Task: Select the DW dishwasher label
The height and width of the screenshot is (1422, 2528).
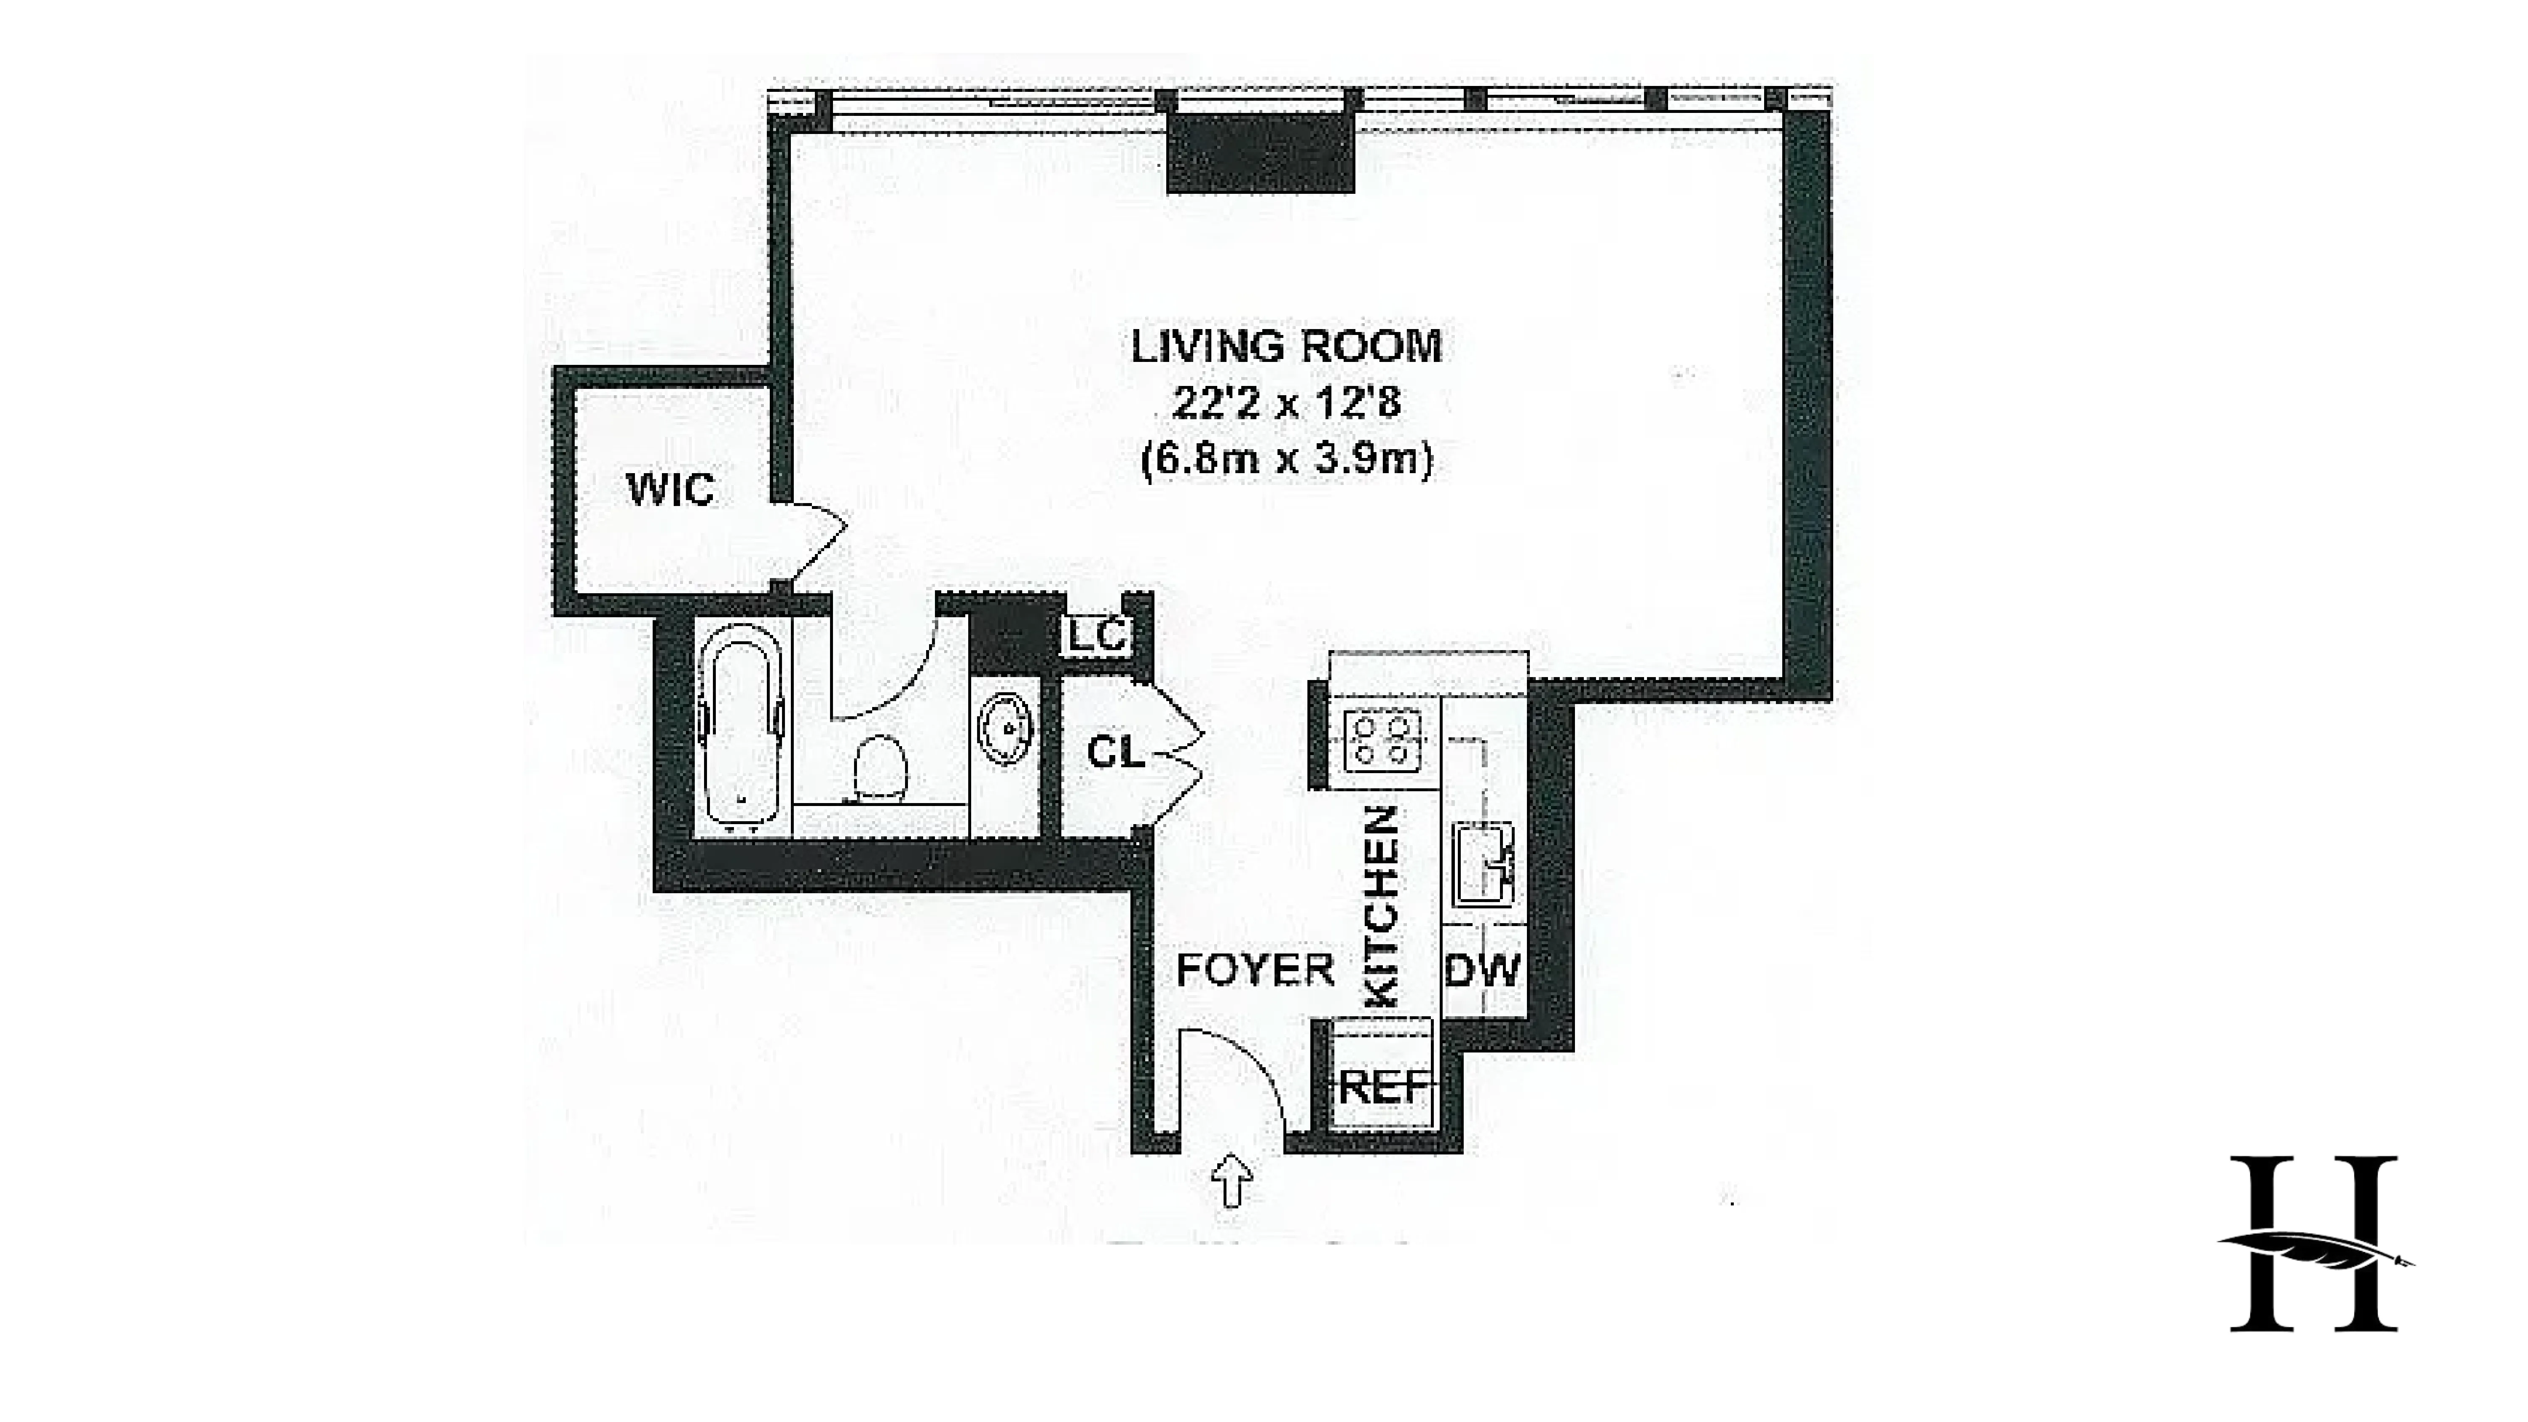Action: click(x=1482, y=971)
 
